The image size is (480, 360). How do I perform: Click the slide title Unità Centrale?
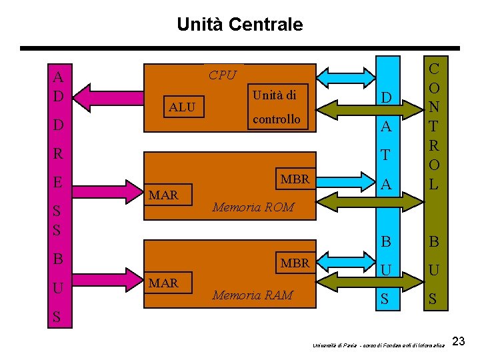click(239, 25)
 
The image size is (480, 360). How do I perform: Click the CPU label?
click(222, 75)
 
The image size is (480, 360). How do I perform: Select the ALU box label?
click(182, 107)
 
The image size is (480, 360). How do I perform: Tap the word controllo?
click(276, 119)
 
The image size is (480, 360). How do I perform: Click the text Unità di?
click(274, 95)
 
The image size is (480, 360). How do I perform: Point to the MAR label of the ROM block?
click(163, 195)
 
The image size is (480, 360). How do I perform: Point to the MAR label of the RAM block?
click(163, 283)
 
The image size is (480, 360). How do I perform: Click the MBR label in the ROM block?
click(295, 179)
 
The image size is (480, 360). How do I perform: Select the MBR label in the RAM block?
click(295, 263)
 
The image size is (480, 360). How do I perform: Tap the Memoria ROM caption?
click(253, 207)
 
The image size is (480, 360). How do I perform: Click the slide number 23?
click(459, 342)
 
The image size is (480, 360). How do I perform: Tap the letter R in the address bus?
click(58, 153)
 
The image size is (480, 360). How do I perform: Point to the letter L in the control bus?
click(434, 185)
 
